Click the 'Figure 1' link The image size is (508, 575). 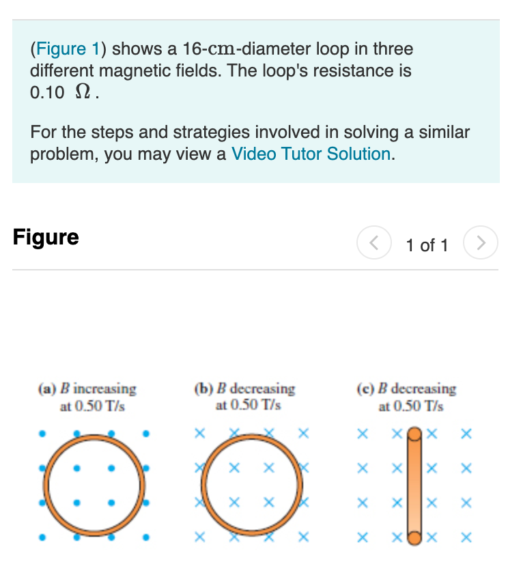(68, 49)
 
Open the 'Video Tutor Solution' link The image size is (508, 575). (311, 154)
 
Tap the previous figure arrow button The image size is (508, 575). (373, 242)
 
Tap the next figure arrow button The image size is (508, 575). (481, 242)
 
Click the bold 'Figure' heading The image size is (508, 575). (46, 238)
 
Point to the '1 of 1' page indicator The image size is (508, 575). (427, 245)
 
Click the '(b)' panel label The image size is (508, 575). (203, 389)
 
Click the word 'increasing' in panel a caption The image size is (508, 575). (104, 389)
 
